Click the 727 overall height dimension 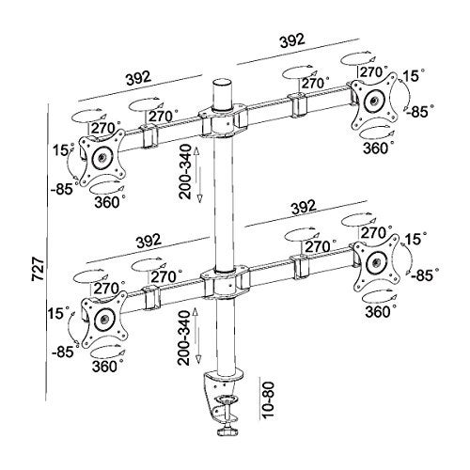pyautogui.click(x=38, y=269)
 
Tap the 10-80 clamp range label pyautogui.click(x=268, y=399)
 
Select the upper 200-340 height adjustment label pyautogui.click(x=186, y=171)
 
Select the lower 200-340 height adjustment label pyautogui.click(x=184, y=337)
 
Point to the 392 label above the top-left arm pyautogui.click(x=138, y=78)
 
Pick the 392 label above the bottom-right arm pyautogui.click(x=304, y=208)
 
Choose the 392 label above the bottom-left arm pyautogui.click(x=149, y=241)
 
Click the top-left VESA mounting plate pyautogui.click(x=102, y=157)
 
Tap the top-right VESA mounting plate pyautogui.click(x=374, y=101)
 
